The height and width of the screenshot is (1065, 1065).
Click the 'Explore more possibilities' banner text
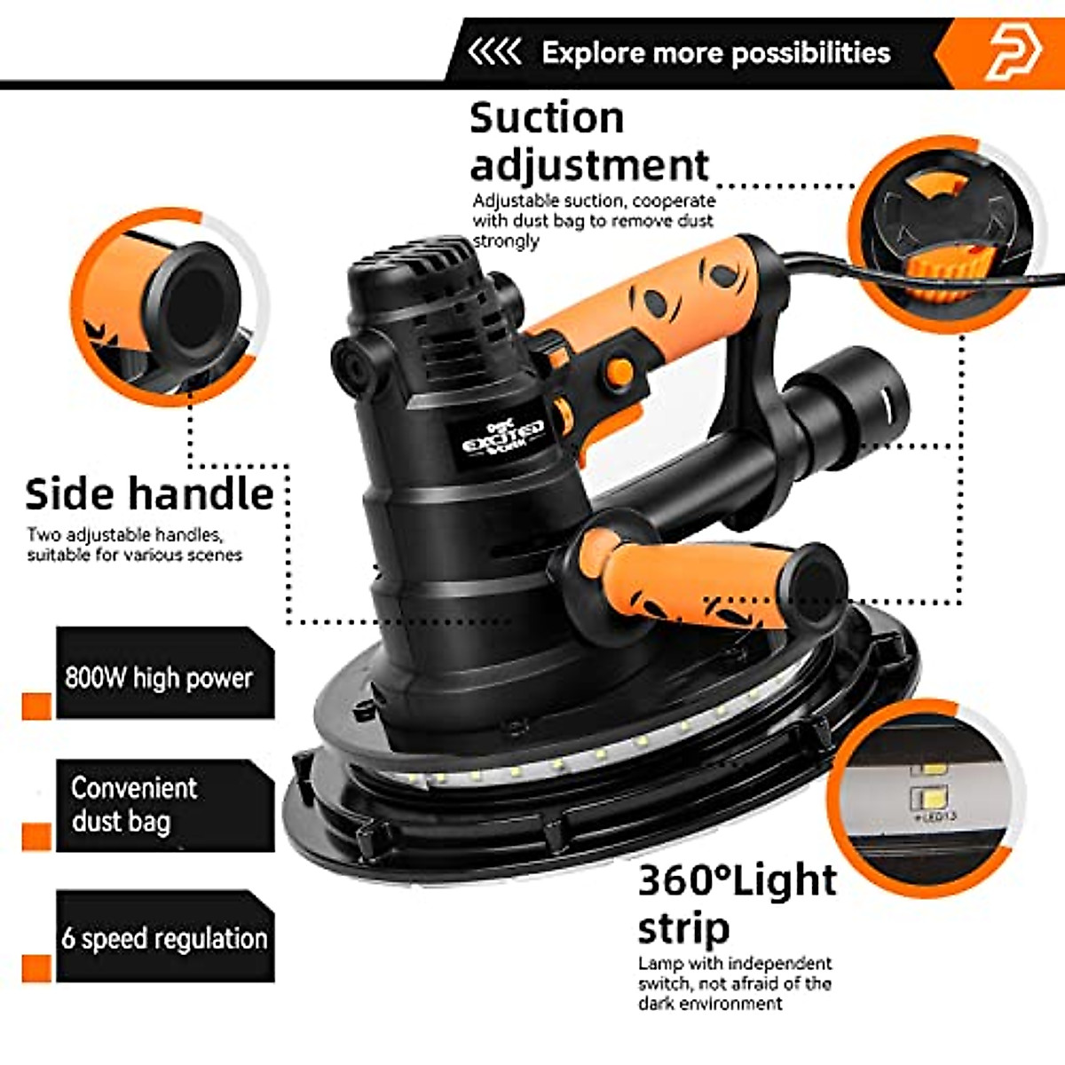[715, 52]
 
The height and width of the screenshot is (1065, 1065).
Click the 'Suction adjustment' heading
[588, 142]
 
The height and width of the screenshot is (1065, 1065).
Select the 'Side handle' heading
[149, 494]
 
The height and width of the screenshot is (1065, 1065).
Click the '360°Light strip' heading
[737, 903]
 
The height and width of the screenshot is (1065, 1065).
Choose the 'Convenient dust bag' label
[133, 804]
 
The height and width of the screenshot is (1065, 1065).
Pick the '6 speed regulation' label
[165, 938]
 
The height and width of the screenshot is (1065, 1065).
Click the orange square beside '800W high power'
[36, 706]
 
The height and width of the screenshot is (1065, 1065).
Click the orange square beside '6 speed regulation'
[36, 967]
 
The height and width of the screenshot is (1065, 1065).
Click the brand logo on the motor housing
[502, 435]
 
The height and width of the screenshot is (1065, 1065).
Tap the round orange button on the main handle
[619, 372]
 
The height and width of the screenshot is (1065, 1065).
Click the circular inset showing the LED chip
[923, 794]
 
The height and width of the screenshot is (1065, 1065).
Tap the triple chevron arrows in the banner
[494, 52]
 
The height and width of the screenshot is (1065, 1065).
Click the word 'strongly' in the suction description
[506, 241]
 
